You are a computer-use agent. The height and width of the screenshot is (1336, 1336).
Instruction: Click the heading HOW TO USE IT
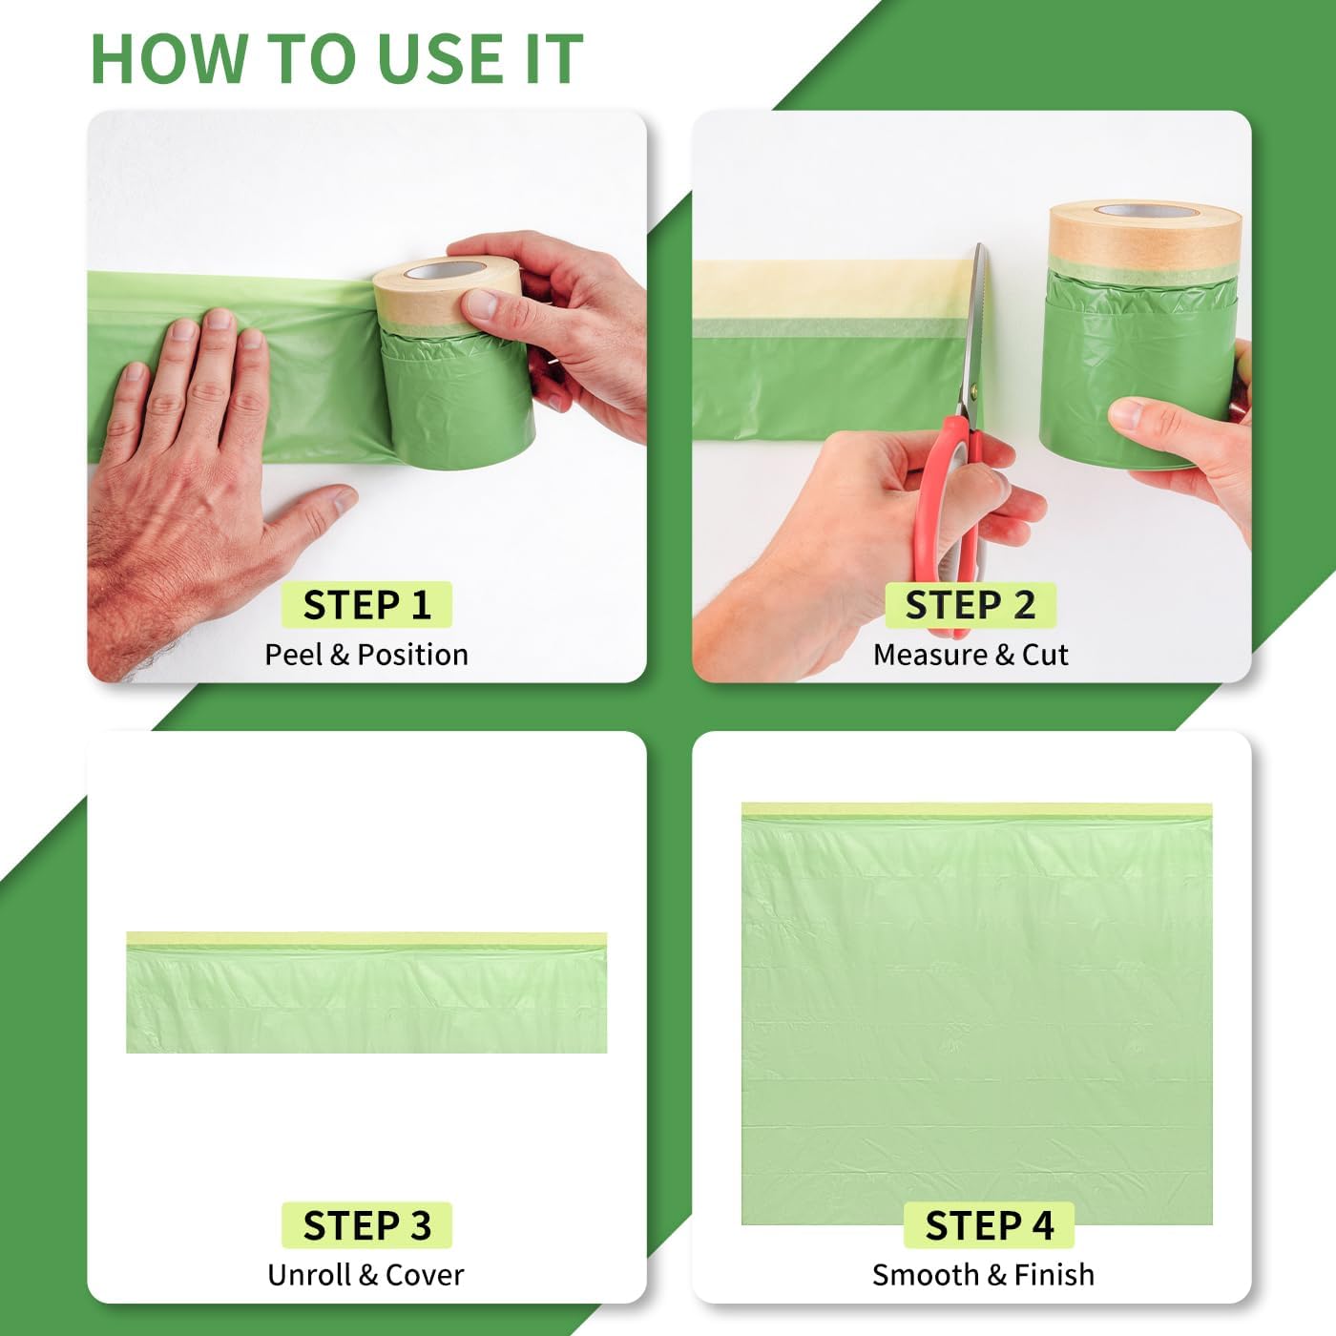pyautogui.click(x=337, y=58)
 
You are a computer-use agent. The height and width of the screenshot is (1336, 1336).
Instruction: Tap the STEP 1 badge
pyautogui.click(x=366, y=605)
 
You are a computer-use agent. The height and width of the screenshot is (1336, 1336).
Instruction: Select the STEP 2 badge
pyautogui.click(x=971, y=605)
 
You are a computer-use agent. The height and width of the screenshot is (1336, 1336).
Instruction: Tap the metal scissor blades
pyautogui.click(x=974, y=333)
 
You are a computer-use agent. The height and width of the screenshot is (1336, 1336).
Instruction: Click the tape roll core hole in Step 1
pyautogui.click(x=444, y=270)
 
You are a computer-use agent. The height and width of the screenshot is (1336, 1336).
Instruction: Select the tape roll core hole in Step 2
pyautogui.click(x=1146, y=210)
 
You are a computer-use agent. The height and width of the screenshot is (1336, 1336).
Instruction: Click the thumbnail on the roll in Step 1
pyautogui.click(x=483, y=303)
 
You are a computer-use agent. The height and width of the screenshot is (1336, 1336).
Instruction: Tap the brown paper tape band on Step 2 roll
pyautogui.click(x=1144, y=236)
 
